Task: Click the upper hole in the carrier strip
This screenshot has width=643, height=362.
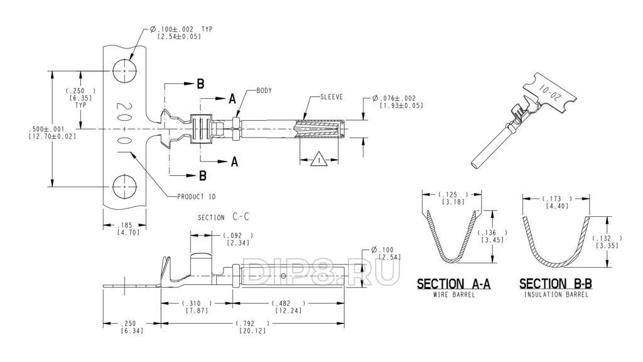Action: coord(124,71)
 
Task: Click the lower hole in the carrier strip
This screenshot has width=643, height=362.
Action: coord(124,186)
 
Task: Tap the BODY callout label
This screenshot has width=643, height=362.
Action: coord(264,90)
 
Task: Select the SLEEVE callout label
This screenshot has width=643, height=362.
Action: coord(332,97)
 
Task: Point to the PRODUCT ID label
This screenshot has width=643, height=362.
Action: coord(197,197)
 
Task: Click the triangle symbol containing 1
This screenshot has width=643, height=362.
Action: coord(319,159)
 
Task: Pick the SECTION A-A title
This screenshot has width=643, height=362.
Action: coord(453,283)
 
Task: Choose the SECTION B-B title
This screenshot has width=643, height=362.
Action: coord(556,283)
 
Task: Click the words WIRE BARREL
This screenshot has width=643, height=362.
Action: coord(453,295)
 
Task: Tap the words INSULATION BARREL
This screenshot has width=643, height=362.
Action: coord(556,295)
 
